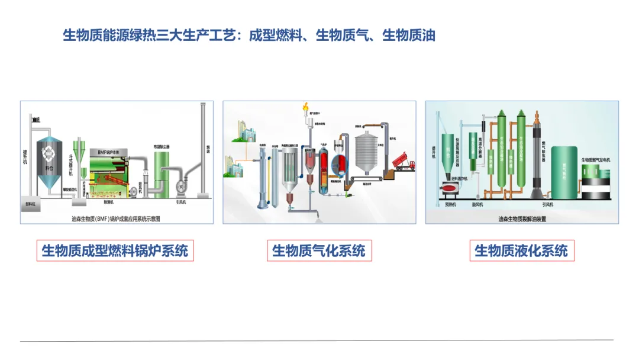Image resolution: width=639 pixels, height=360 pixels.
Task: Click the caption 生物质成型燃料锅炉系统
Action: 115,250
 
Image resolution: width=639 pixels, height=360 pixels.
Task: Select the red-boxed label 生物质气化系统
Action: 319,250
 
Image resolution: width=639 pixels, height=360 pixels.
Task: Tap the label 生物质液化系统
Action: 521,250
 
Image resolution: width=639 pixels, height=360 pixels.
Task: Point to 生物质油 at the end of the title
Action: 409,36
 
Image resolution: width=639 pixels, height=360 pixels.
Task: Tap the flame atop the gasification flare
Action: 306,108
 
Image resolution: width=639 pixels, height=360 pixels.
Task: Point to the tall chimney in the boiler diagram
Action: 202,154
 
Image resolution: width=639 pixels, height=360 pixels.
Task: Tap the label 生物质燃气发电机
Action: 596,160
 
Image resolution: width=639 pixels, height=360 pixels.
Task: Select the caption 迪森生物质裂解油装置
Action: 522,218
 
